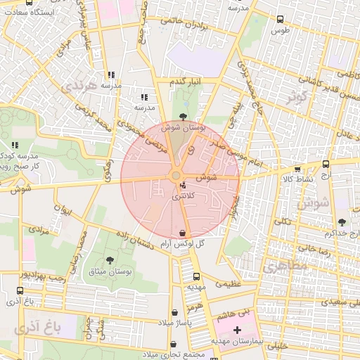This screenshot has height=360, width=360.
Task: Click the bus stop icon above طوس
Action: tap(281, 20)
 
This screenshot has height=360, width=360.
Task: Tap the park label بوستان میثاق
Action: tap(110, 271)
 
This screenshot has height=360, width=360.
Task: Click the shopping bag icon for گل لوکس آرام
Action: tap(182, 233)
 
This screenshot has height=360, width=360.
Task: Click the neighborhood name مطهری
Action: tap(281, 268)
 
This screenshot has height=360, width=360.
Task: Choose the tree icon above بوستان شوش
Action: tap(184, 117)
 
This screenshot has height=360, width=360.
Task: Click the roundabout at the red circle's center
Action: tap(176, 176)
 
